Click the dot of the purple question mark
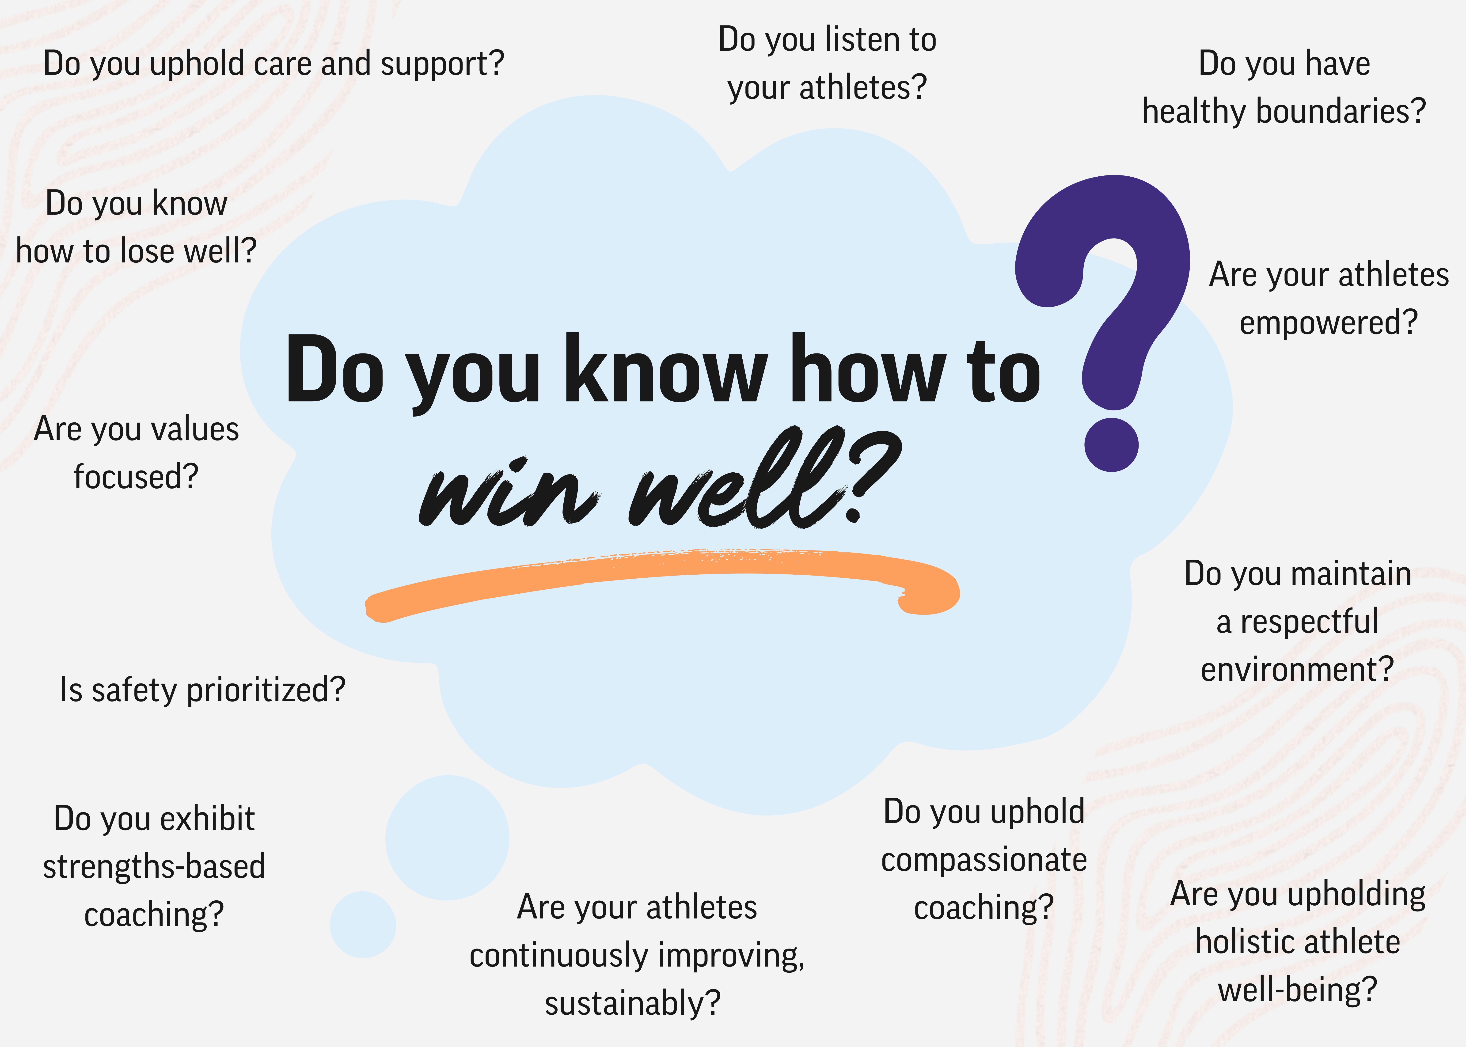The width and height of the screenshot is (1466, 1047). (1111, 444)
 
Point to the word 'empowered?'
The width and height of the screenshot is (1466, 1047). (1329, 322)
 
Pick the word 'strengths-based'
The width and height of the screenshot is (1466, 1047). (154, 866)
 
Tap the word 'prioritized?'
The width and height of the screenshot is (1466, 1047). (266, 690)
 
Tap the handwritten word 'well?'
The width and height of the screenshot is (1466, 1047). (764, 478)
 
